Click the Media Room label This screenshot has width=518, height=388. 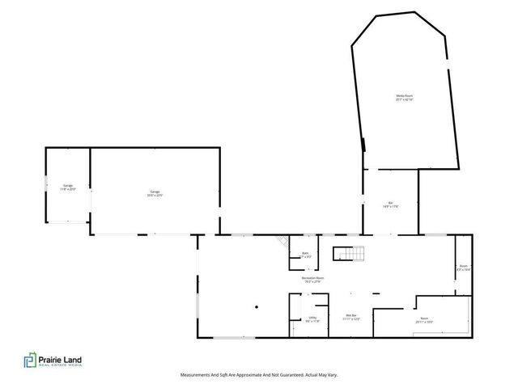coord(405,96)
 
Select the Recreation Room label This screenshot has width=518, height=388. coord(313,278)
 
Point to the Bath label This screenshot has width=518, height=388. coord(305,254)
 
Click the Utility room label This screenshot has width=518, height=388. coord(312,318)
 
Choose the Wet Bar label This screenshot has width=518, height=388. coord(351,316)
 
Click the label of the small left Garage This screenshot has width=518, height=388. coord(67,186)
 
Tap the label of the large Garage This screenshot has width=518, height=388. coord(154,192)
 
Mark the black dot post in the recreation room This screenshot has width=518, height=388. coord(254,306)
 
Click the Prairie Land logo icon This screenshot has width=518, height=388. coord(30,361)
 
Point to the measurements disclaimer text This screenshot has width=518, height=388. coord(259,375)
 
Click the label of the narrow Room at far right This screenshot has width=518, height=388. coord(464,266)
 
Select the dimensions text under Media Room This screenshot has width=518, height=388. coord(405,99)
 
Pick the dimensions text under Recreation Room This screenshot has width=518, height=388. coord(313,281)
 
